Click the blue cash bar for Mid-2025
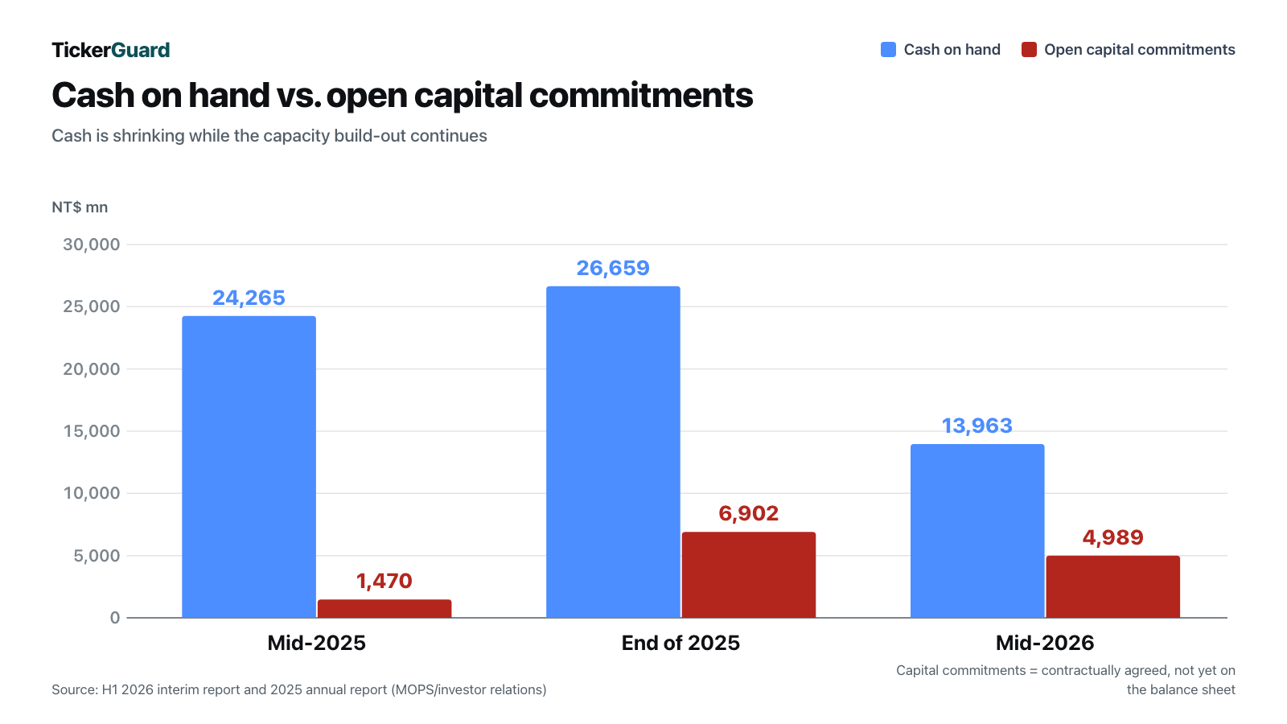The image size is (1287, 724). pos(249,467)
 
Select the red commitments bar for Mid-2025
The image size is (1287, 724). pos(384,608)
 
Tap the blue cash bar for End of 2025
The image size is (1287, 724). pos(613,451)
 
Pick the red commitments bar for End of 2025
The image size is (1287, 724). pos(749,574)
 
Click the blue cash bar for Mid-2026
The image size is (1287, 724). pos(977,531)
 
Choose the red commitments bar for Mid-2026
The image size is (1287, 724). pos(1113,586)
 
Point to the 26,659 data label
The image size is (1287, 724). pos(613,269)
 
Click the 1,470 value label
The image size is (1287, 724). pos(384,581)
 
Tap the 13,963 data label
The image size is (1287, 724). pos(977,426)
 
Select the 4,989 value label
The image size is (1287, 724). pos(1113,538)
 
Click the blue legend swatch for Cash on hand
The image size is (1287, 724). pos(888,49)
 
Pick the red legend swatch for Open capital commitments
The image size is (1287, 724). pos(1029,49)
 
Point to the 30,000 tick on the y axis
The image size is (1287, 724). pos(92,245)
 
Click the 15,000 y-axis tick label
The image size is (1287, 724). pos(92,431)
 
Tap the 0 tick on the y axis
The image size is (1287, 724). pos(115,618)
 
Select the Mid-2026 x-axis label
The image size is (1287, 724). pos(1045,643)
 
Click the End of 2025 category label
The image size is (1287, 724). pos(681,643)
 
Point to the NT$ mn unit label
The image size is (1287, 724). pos(80,208)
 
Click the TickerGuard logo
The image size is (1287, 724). pos(111,50)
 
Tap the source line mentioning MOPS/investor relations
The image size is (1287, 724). pos(298,689)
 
